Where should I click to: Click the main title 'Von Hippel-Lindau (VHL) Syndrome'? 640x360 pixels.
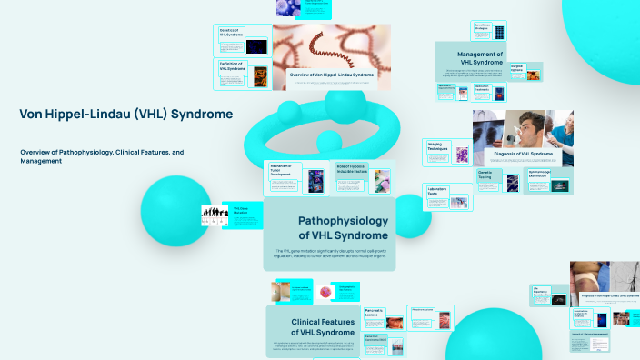point(125,114)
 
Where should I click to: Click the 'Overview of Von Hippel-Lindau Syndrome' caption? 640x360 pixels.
point(331,74)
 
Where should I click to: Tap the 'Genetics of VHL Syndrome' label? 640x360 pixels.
point(230,33)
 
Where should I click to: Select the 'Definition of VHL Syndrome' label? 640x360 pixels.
point(233,65)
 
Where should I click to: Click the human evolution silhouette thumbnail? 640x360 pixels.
point(214,215)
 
